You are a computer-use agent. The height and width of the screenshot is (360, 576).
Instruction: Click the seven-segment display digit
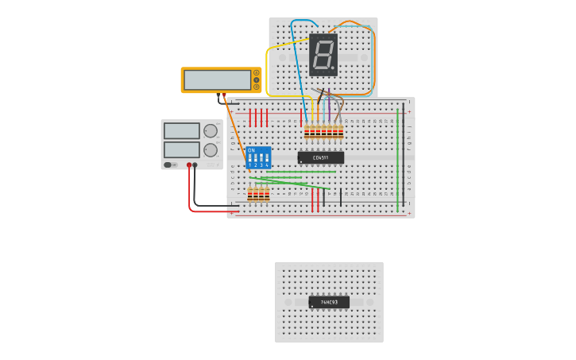(322, 55)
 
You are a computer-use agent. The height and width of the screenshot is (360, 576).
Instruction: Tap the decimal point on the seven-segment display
(333, 68)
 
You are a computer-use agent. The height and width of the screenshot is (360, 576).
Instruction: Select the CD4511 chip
(320, 157)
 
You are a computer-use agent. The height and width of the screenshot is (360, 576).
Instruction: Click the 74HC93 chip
(329, 302)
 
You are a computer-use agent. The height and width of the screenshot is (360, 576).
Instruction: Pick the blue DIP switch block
(258, 157)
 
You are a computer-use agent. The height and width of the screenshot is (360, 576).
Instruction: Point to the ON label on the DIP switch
(251, 149)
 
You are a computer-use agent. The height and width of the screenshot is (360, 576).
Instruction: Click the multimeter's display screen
(217, 79)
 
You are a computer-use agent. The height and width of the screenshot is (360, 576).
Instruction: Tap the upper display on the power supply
(181, 130)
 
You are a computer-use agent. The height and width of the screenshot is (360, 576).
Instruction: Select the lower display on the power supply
(181, 149)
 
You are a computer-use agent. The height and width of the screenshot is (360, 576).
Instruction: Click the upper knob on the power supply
(211, 131)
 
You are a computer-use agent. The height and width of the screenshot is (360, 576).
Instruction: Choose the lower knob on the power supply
(211, 149)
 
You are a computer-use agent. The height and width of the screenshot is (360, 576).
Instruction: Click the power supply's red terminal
(189, 165)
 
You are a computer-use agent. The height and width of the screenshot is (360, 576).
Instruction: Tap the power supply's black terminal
(195, 165)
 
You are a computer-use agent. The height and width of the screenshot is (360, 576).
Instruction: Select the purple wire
(329, 107)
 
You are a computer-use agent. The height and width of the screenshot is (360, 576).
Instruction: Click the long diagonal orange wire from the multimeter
(237, 135)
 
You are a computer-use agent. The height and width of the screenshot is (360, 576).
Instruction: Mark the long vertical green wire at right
(398, 159)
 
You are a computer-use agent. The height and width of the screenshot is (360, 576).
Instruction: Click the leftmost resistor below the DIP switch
(250, 194)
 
